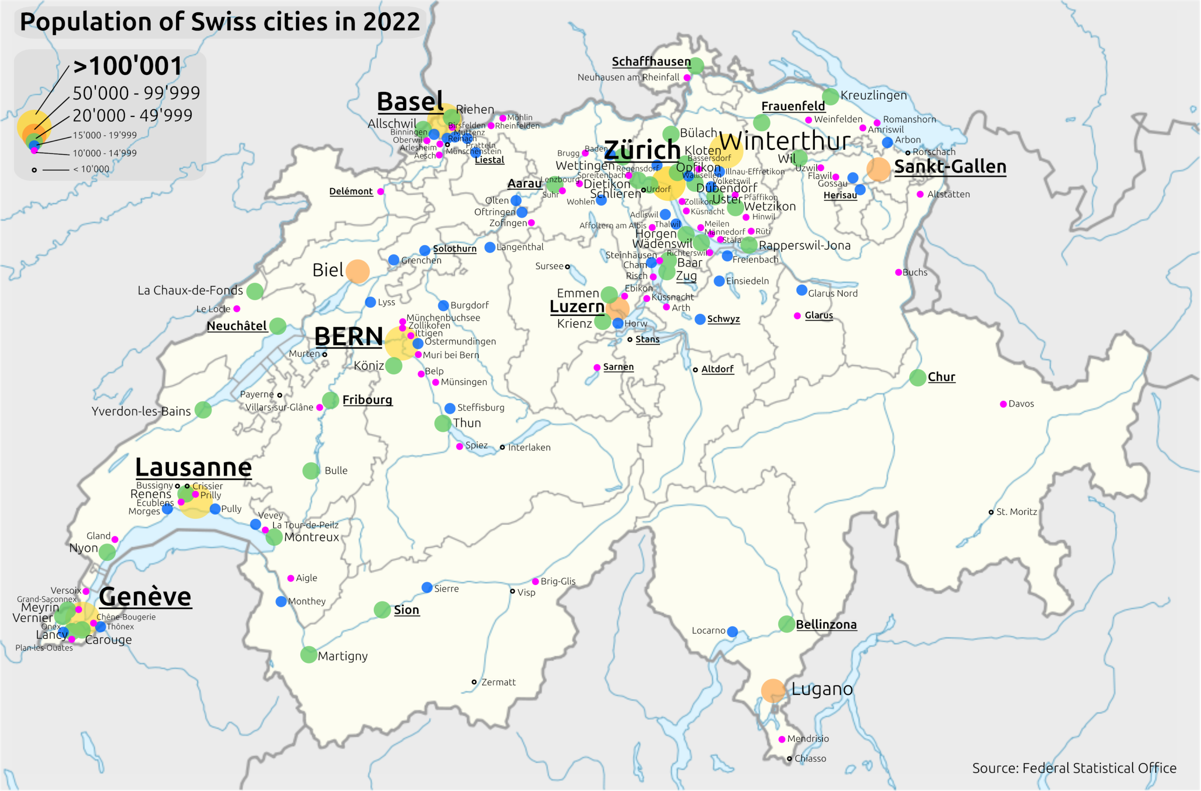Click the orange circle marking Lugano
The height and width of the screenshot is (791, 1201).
[773, 691]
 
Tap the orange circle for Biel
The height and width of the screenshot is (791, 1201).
[357, 271]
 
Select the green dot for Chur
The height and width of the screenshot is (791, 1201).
[917, 377]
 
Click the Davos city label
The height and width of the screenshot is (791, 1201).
[1021, 404]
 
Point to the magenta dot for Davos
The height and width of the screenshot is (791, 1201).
[1003, 404]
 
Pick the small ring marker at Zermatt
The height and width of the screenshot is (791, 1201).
[474, 683]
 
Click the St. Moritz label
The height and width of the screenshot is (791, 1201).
[1016, 512]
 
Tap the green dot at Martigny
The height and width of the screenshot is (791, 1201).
[308, 655]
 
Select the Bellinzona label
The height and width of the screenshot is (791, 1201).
[826, 625]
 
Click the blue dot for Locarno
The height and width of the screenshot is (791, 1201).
[733, 631]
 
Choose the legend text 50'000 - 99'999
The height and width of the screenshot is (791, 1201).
[136, 93]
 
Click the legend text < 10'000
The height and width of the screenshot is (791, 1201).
[91, 169]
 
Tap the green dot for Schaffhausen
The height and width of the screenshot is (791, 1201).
[696, 65]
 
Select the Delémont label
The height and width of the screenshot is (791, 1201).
[351, 192]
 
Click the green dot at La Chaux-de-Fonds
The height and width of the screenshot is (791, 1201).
[255, 291]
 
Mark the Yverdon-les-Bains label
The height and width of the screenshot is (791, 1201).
[141, 411]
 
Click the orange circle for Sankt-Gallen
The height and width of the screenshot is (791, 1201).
[878, 169]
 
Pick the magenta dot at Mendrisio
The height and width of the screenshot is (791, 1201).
[782, 739]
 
